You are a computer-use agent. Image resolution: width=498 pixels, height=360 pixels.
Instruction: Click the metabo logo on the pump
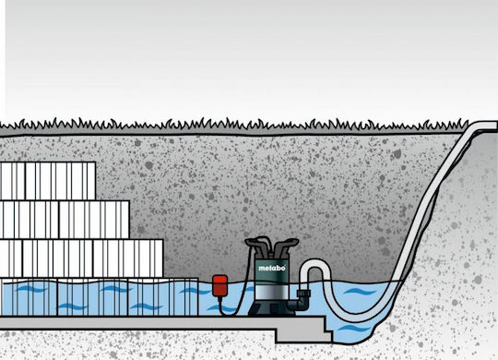(271, 268)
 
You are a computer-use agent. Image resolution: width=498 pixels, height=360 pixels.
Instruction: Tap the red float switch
(219, 286)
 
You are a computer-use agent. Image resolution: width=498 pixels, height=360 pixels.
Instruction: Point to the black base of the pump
(271, 307)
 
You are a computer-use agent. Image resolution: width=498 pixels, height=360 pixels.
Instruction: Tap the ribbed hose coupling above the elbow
(303, 293)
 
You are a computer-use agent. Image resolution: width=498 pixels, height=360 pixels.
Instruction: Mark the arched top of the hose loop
(315, 264)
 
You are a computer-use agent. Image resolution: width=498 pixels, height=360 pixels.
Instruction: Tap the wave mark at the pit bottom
(351, 329)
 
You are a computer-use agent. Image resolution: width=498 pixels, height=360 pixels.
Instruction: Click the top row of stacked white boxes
(48, 181)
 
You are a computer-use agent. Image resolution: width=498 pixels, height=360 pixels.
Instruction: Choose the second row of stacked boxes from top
(65, 220)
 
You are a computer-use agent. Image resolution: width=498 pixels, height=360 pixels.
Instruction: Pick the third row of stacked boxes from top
(81, 258)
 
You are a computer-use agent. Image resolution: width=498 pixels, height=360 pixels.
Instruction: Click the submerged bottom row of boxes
(99, 297)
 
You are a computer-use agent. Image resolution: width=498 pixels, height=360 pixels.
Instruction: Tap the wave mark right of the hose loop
(360, 292)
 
